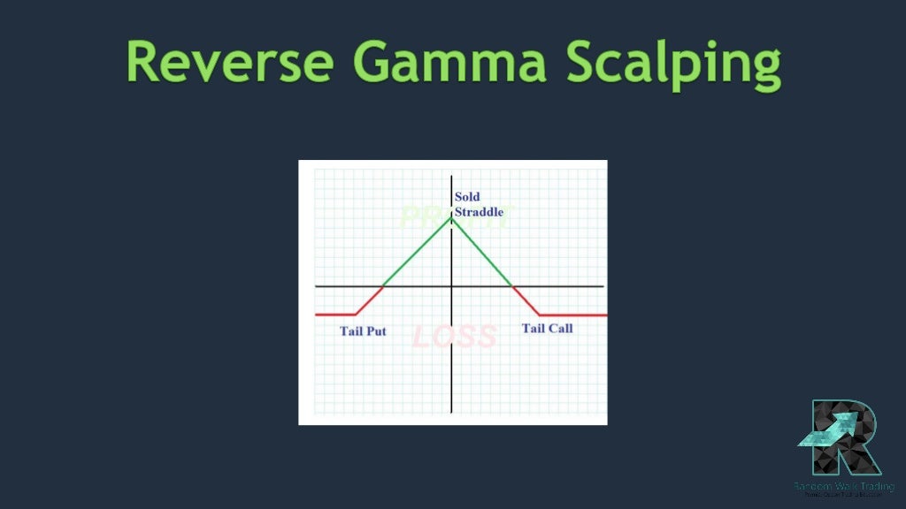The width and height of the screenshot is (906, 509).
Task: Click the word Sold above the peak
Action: pyautogui.click(x=467, y=196)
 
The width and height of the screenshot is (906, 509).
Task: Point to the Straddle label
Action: pyautogui.click(x=479, y=212)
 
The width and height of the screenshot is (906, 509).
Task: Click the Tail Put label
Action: pyautogui.click(x=363, y=332)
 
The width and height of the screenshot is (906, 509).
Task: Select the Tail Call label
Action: pyautogui.click(x=547, y=329)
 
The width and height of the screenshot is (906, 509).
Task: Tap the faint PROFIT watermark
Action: pyautogui.click(x=454, y=217)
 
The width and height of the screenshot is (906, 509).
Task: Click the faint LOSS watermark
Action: pyautogui.click(x=454, y=337)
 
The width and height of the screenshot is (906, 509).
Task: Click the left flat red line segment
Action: pyautogui.click(x=334, y=314)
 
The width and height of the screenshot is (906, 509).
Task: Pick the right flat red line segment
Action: pyautogui.click(x=573, y=315)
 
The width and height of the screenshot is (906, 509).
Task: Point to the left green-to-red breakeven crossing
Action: pyautogui.click(x=382, y=286)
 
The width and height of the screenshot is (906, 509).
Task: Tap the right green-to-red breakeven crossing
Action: pyautogui.click(x=512, y=286)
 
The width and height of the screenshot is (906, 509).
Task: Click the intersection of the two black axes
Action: pyautogui.click(x=451, y=286)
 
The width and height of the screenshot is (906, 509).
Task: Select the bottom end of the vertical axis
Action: pyautogui.click(x=451, y=412)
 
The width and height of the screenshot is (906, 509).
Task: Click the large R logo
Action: pyautogui.click(x=844, y=438)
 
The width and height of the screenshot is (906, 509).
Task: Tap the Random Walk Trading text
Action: pyautogui.click(x=844, y=486)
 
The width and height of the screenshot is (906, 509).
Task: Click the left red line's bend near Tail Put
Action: pyautogui.click(x=355, y=314)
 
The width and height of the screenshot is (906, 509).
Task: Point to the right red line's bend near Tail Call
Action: pyautogui.click(x=541, y=315)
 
